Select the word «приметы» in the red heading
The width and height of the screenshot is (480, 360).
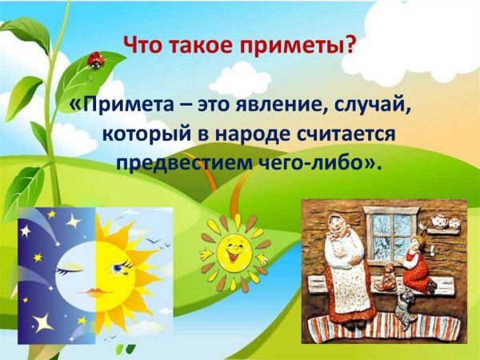(x=300, y=45)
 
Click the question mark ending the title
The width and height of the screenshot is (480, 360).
(x=349, y=45)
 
